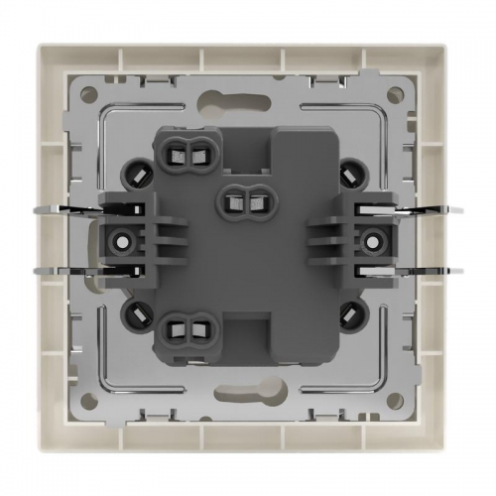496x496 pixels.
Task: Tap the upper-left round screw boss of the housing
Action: coord(135,171)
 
